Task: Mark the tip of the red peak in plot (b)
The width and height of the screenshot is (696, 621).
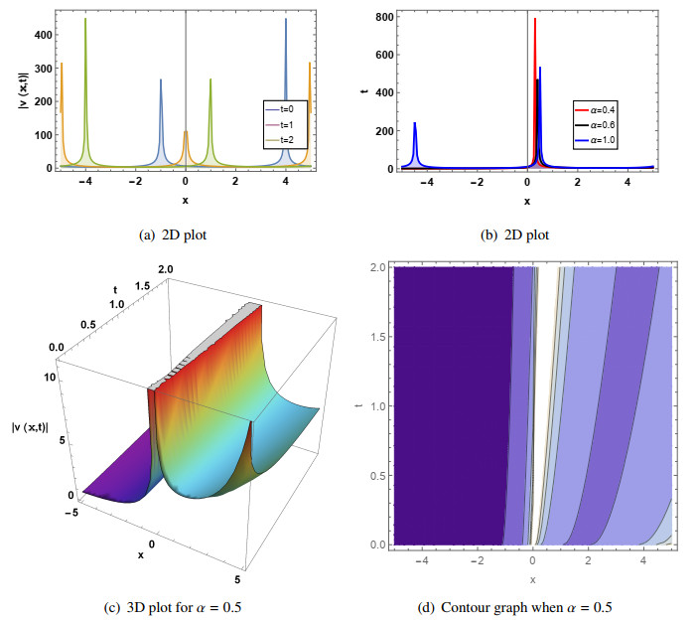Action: (x=535, y=19)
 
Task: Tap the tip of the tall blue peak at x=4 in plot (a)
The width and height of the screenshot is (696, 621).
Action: (x=286, y=19)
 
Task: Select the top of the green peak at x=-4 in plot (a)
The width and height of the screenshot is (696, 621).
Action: (x=85, y=19)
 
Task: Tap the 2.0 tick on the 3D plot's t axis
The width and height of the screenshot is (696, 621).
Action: (x=165, y=269)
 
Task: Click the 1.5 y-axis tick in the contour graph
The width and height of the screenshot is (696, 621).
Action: (x=377, y=338)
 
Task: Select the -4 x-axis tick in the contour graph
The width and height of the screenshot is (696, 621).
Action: (x=425, y=559)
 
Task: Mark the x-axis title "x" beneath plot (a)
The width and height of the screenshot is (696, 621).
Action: (x=186, y=200)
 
